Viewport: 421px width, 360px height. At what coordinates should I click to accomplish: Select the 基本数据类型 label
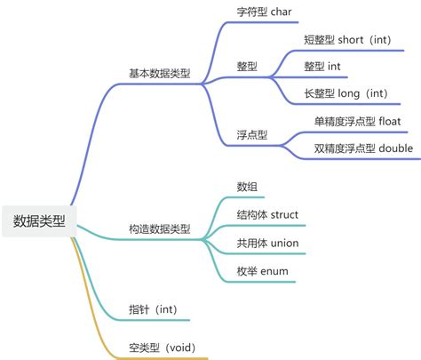pyautogui.click(x=159, y=73)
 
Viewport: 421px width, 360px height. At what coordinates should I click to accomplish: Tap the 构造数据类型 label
pyautogui.click(x=159, y=229)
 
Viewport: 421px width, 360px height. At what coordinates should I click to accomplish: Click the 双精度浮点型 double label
pyautogui.click(x=363, y=147)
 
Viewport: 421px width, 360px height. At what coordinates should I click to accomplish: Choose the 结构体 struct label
pyautogui.click(x=267, y=214)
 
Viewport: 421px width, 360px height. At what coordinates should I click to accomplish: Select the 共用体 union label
pyautogui.click(x=266, y=243)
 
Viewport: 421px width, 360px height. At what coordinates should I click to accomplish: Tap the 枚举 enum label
pyautogui.click(x=261, y=270)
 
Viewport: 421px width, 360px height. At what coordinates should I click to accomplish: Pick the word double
pyautogui.click(x=396, y=147)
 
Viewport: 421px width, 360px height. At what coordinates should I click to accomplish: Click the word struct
pyautogui.click(x=285, y=214)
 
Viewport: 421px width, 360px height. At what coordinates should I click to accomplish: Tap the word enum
pyautogui.click(x=274, y=270)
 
